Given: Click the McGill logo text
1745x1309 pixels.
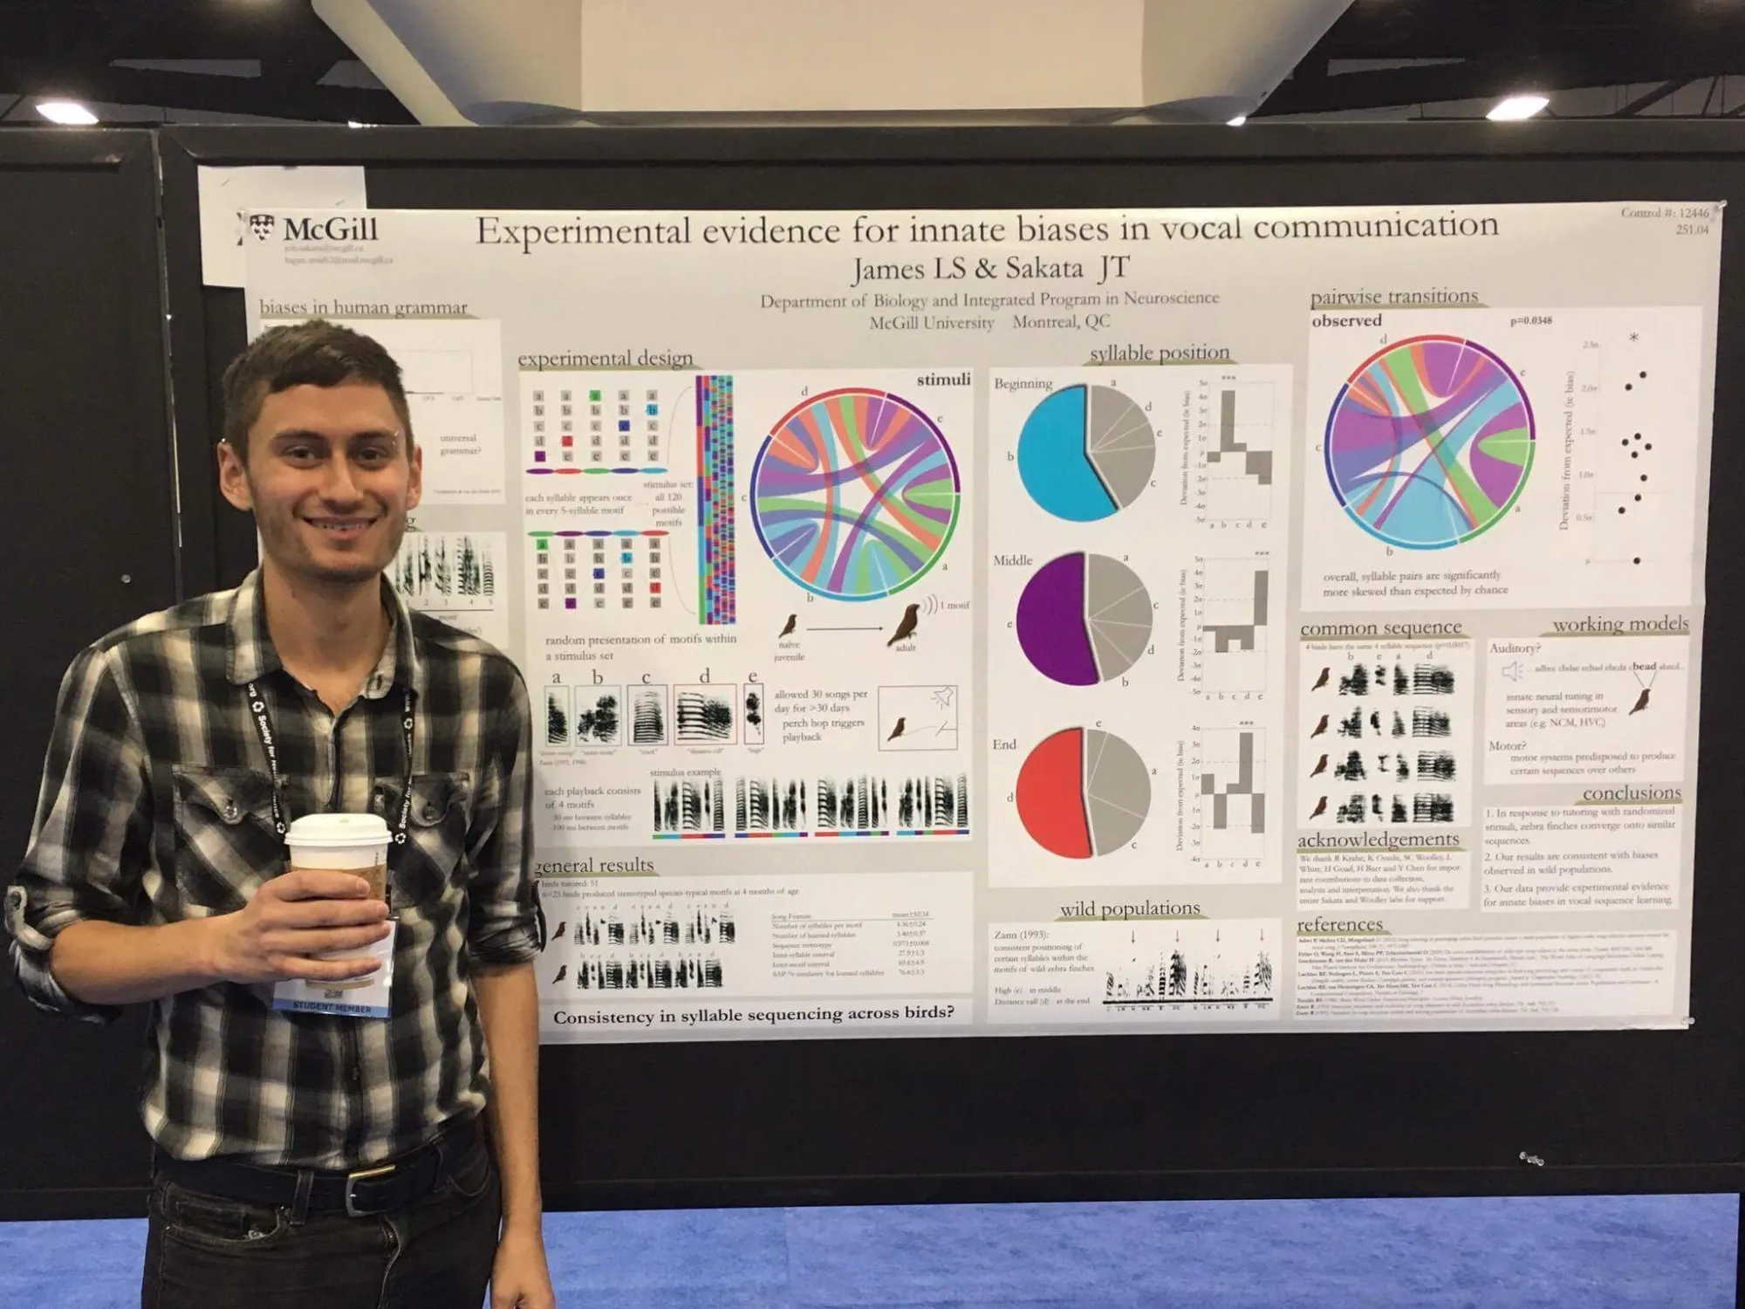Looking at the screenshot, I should point(330,230).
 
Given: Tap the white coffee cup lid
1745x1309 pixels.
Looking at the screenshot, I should point(337,829).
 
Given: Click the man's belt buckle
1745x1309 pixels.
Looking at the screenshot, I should point(365,1189).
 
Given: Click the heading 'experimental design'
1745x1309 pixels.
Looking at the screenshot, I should point(605,359).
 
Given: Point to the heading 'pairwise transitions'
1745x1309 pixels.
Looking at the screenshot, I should point(1394,297).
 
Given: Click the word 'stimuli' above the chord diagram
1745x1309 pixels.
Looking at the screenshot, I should point(943,380).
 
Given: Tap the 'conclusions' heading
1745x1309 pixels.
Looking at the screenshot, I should point(1631,792).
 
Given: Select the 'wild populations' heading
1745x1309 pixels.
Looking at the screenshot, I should point(1130,908).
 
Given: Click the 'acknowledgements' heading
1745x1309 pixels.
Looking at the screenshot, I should point(1378,840).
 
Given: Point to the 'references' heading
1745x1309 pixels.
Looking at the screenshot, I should point(1339,924).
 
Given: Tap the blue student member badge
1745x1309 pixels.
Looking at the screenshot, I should point(332,1005).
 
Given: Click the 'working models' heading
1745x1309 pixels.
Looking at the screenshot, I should point(1620,624).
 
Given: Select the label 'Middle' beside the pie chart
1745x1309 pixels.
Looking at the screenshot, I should point(1012,560).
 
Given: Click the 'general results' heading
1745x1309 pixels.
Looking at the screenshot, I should point(595,865).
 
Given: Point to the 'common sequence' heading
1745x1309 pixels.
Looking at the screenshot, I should point(1380,627).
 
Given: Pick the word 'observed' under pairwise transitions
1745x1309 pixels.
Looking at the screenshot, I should point(1346,321).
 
